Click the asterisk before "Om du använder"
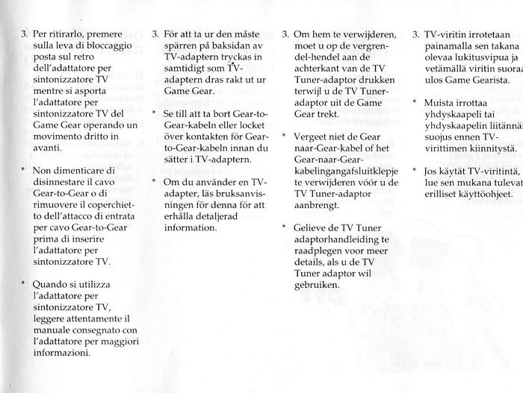[153, 181]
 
